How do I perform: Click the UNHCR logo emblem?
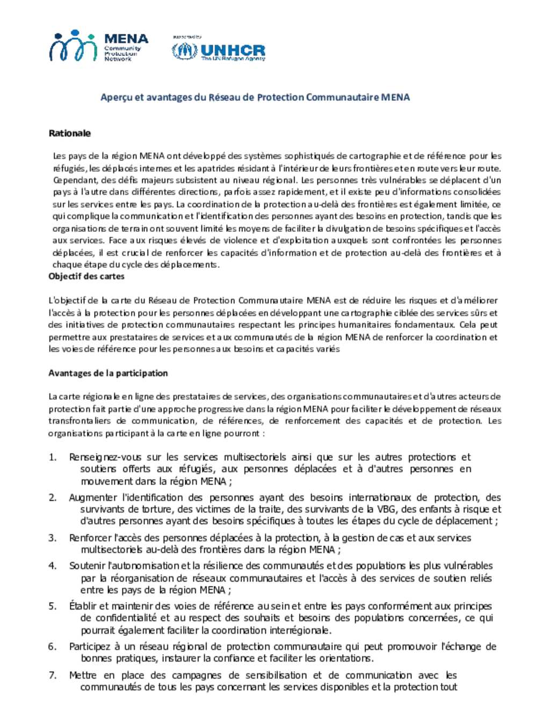[184, 51]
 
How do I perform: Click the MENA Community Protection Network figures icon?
[73, 46]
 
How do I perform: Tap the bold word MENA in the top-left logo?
[126, 39]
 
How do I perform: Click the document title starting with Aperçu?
[255, 97]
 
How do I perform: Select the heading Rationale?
[70, 133]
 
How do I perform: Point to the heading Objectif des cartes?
[86, 276]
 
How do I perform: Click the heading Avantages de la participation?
[108, 373]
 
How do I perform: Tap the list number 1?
[52, 457]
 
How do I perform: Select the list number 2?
[52, 497]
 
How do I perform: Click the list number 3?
[52, 538]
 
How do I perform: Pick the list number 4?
[52, 566]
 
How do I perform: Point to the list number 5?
[52, 606]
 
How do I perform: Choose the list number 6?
[52, 647]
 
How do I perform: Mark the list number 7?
[52, 675]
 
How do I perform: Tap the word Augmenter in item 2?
[92, 497]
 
